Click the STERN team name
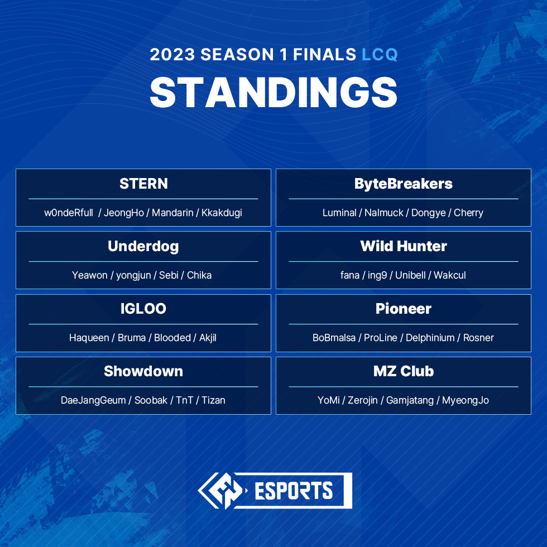tap(143, 184)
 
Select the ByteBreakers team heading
tap(403, 184)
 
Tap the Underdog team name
tap(143, 246)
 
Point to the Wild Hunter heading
tap(403, 246)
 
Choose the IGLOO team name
tap(143, 309)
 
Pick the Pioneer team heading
tap(403, 309)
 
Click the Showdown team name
tap(143, 371)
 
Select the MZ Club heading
tap(403, 371)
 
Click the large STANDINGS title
tap(273, 92)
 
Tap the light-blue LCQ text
tap(380, 55)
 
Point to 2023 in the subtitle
tap(172, 55)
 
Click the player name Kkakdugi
tap(222, 213)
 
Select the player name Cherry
tap(468, 213)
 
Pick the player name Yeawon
tap(89, 275)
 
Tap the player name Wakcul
tap(449, 275)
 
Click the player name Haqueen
tap(89, 338)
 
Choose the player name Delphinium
tap(431, 338)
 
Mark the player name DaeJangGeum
tap(93, 400)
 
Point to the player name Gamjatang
tap(410, 400)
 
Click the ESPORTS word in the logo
tap(294, 491)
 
